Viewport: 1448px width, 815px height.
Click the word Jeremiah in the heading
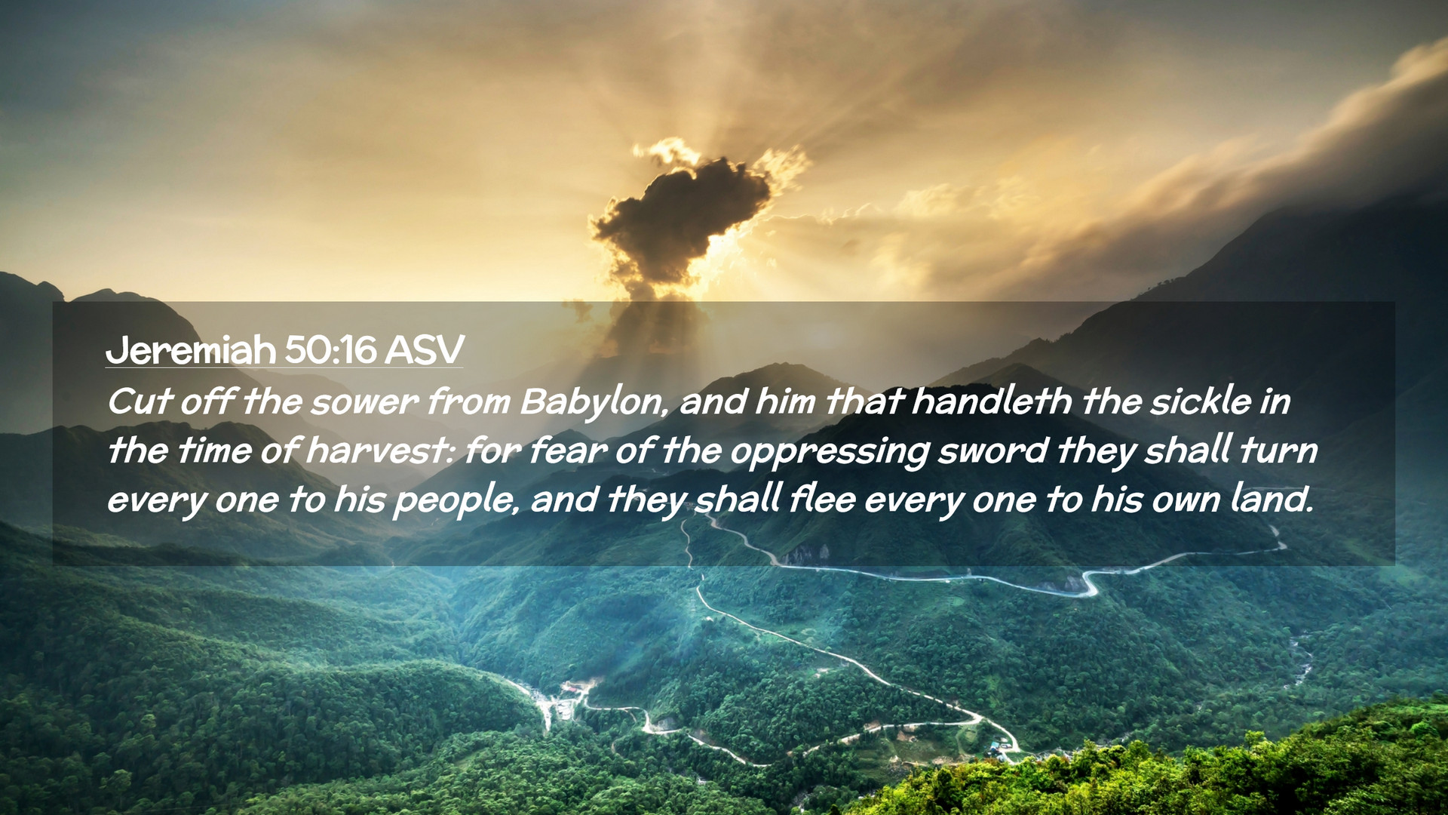click(x=192, y=349)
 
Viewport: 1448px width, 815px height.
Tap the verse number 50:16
click(x=331, y=349)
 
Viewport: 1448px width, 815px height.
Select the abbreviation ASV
click(x=424, y=349)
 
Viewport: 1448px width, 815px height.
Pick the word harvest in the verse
click(x=381, y=451)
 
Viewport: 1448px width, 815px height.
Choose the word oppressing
click(x=830, y=452)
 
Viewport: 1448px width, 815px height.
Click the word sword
click(x=992, y=451)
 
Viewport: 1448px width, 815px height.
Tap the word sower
click(x=364, y=402)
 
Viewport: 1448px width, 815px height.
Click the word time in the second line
click(x=213, y=451)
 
